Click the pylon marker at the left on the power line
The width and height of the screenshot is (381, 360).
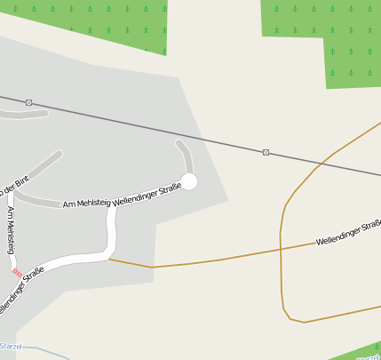29,102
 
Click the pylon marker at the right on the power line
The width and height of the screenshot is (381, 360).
266,152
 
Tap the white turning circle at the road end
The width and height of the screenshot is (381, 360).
189,181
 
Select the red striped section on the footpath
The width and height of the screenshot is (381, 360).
17,272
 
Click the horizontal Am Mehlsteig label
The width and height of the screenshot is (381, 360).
87,203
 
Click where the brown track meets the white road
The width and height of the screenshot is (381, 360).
108,260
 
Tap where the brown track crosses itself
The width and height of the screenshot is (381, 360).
281,249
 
